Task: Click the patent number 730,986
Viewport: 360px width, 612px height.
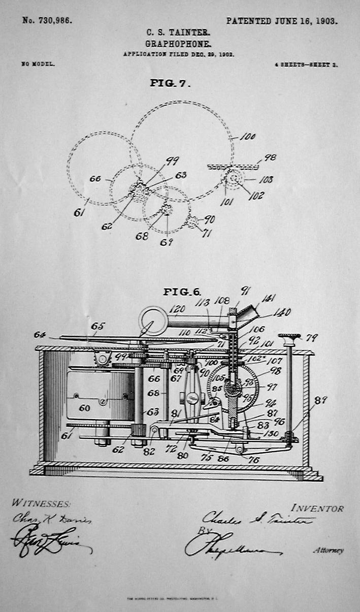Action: click(47, 21)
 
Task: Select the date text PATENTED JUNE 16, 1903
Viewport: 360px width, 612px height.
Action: click(282, 21)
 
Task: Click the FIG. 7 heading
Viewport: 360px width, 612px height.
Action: click(170, 83)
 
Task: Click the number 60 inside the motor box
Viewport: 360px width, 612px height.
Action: click(84, 408)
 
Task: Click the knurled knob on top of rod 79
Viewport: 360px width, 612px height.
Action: click(289, 336)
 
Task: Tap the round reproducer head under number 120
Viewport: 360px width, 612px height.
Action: click(153, 320)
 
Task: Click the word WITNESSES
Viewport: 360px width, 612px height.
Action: click(41, 503)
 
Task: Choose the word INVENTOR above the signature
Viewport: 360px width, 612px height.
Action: click(317, 508)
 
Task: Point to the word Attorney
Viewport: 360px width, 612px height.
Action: click(328, 550)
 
